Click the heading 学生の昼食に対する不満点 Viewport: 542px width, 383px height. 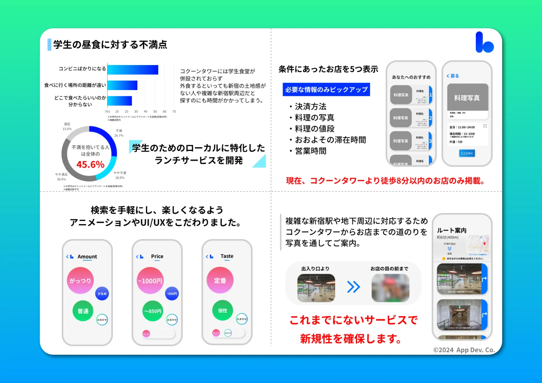(x=110, y=45)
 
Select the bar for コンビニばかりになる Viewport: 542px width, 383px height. (x=133, y=70)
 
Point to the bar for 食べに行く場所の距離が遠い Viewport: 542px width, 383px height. (x=122, y=85)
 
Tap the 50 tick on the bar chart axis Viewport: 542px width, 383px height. (x=155, y=112)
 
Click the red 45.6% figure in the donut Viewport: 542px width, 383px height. (x=90, y=164)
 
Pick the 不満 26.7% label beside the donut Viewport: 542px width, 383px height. (x=119, y=133)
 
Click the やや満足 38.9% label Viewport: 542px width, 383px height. (x=61, y=177)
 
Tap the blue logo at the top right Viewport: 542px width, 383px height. (x=484, y=42)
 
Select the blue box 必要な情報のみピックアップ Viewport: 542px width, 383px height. (x=326, y=90)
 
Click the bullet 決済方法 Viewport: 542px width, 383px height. (x=310, y=107)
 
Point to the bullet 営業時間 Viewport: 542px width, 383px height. (x=310, y=151)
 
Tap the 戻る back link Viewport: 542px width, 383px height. (x=453, y=76)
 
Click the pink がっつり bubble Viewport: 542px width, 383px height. (x=80, y=281)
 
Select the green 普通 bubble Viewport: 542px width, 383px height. (x=83, y=311)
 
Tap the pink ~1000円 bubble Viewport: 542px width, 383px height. (x=150, y=281)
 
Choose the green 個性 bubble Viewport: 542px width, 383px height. (x=223, y=310)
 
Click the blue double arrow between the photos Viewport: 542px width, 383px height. (x=353, y=287)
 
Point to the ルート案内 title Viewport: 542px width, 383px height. (x=452, y=231)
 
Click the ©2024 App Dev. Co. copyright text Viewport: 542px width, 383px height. (x=464, y=350)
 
